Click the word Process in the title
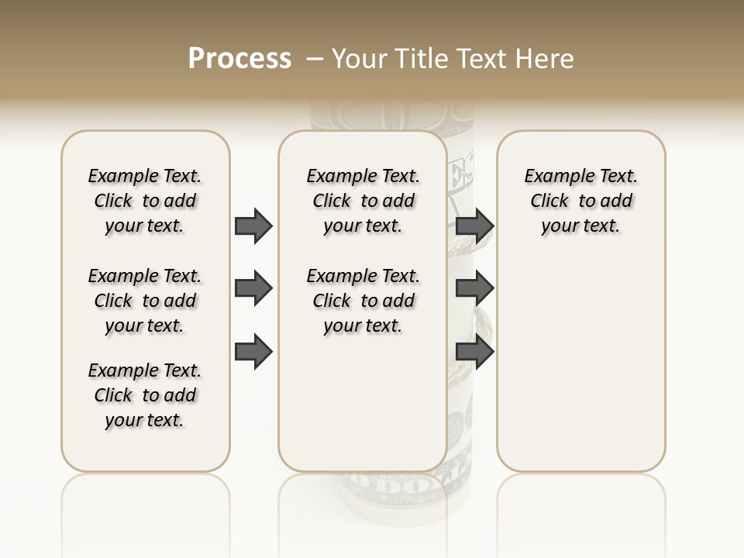pyautogui.click(x=239, y=59)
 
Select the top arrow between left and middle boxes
pyautogui.click(x=253, y=226)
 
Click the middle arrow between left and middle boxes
pyautogui.click(x=253, y=289)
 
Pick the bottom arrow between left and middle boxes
pyautogui.click(x=253, y=353)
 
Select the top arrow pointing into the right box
pyautogui.click(x=474, y=226)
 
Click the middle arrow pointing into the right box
pyautogui.click(x=474, y=289)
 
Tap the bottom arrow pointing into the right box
pyautogui.click(x=474, y=353)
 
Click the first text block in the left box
pyautogui.click(x=145, y=201)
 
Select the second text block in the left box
pyautogui.click(x=145, y=301)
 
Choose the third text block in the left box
pyautogui.click(x=145, y=395)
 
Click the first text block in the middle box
pyautogui.click(x=363, y=201)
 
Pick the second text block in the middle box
pyautogui.click(x=363, y=301)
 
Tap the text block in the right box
pyautogui.click(x=581, y=201)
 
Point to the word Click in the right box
pyautogui.click(x=549, y=201)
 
